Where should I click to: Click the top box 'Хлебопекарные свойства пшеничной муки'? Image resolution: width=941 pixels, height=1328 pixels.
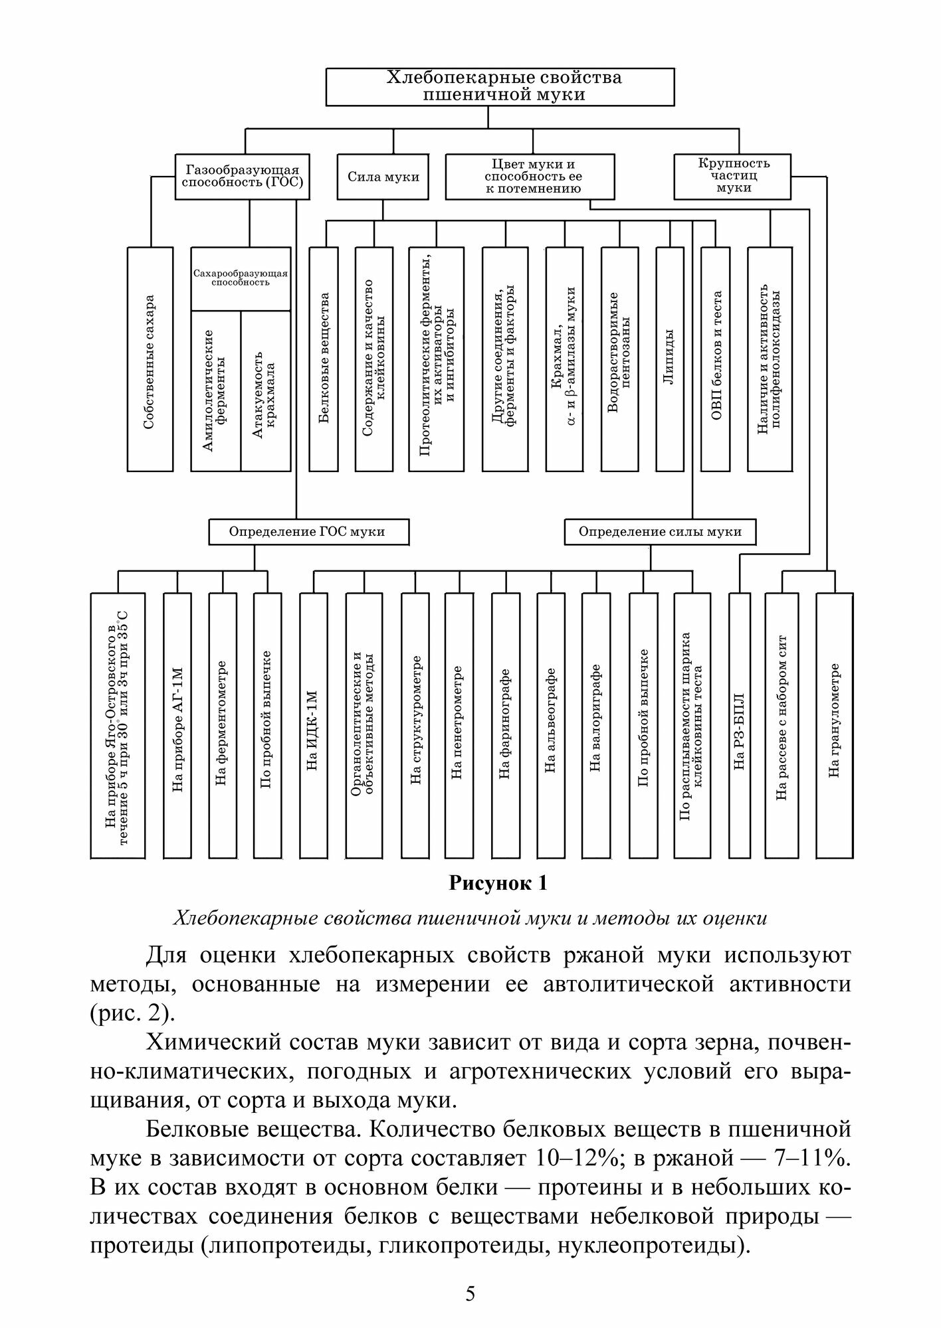[x=500, y=86]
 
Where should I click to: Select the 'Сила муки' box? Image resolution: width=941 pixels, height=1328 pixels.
[x=383, y=177]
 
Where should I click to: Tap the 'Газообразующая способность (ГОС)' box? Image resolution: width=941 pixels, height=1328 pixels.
[x=242, y=177]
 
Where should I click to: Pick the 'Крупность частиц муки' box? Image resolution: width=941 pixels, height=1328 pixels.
[x=732, y=176]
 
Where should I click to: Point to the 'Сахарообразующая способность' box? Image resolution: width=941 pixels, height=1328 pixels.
[x=241, y=278]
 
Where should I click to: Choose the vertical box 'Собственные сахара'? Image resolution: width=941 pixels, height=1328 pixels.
[x=150, y=359]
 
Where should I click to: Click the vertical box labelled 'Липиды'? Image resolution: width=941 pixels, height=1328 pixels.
[x=669, y=359]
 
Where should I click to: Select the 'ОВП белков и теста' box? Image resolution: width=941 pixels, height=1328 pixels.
[x=716, y=359]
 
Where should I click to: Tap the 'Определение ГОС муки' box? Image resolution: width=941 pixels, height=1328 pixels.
[x=308, y=532]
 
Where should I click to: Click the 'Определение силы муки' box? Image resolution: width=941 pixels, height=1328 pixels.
[x=660, y=532]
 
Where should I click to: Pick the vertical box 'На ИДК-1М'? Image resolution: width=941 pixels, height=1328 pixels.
[x=313, y=724]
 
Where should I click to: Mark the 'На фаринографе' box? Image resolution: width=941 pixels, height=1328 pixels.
[x=506, y=724]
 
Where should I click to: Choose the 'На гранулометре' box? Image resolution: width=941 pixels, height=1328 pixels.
[x=835, y=724]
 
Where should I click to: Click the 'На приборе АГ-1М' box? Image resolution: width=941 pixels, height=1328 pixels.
[x=177, y=724]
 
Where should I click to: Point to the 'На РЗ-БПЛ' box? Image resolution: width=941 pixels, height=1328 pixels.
[x=740, y=724]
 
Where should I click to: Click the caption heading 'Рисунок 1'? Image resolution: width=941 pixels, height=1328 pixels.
[x=498, y=884]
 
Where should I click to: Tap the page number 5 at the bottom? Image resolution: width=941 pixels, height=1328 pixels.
[x=470, y=1293]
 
